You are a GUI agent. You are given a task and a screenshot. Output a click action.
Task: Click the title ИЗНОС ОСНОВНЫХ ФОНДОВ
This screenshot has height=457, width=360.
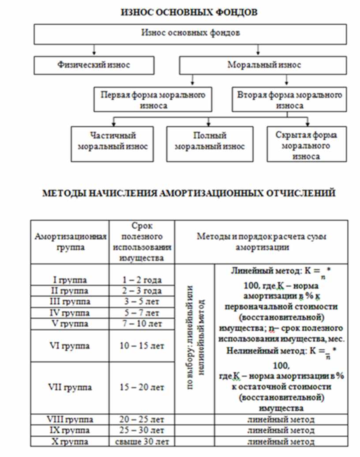[x=189, y=12]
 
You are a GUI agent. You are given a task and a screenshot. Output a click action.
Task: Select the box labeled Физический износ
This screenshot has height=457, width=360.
[x=94, y=65]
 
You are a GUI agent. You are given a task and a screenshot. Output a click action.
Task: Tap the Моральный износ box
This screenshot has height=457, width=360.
[x=264, y=65]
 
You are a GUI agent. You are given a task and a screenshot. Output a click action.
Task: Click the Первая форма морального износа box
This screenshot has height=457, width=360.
[x=153, y=100]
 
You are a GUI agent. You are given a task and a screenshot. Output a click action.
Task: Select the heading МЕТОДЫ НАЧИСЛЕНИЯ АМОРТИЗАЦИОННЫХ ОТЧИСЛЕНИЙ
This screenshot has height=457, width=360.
[x=189, y=193]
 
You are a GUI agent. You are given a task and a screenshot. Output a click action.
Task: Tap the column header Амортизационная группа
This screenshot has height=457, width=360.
[x=70, y=242]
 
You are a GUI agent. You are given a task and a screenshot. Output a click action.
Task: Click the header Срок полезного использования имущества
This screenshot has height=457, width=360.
[x=142, y=242]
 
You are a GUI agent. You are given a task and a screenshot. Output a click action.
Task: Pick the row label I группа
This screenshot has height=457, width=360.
[x=70, y=280]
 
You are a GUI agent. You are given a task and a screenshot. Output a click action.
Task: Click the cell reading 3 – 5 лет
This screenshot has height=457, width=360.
[x=142, y=302]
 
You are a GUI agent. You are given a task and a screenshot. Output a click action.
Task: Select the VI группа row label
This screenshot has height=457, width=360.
[x=70, y=346]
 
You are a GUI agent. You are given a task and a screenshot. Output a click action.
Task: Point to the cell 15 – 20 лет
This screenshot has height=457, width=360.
[x=142, y=387]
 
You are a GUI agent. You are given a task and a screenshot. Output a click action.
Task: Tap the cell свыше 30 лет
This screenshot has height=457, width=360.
[x=142, y=441]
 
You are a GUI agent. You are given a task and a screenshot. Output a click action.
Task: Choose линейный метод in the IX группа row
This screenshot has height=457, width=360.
[x=281, y=430]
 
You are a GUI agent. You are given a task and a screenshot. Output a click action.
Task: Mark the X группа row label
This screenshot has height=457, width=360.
[x=70, y=441]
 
